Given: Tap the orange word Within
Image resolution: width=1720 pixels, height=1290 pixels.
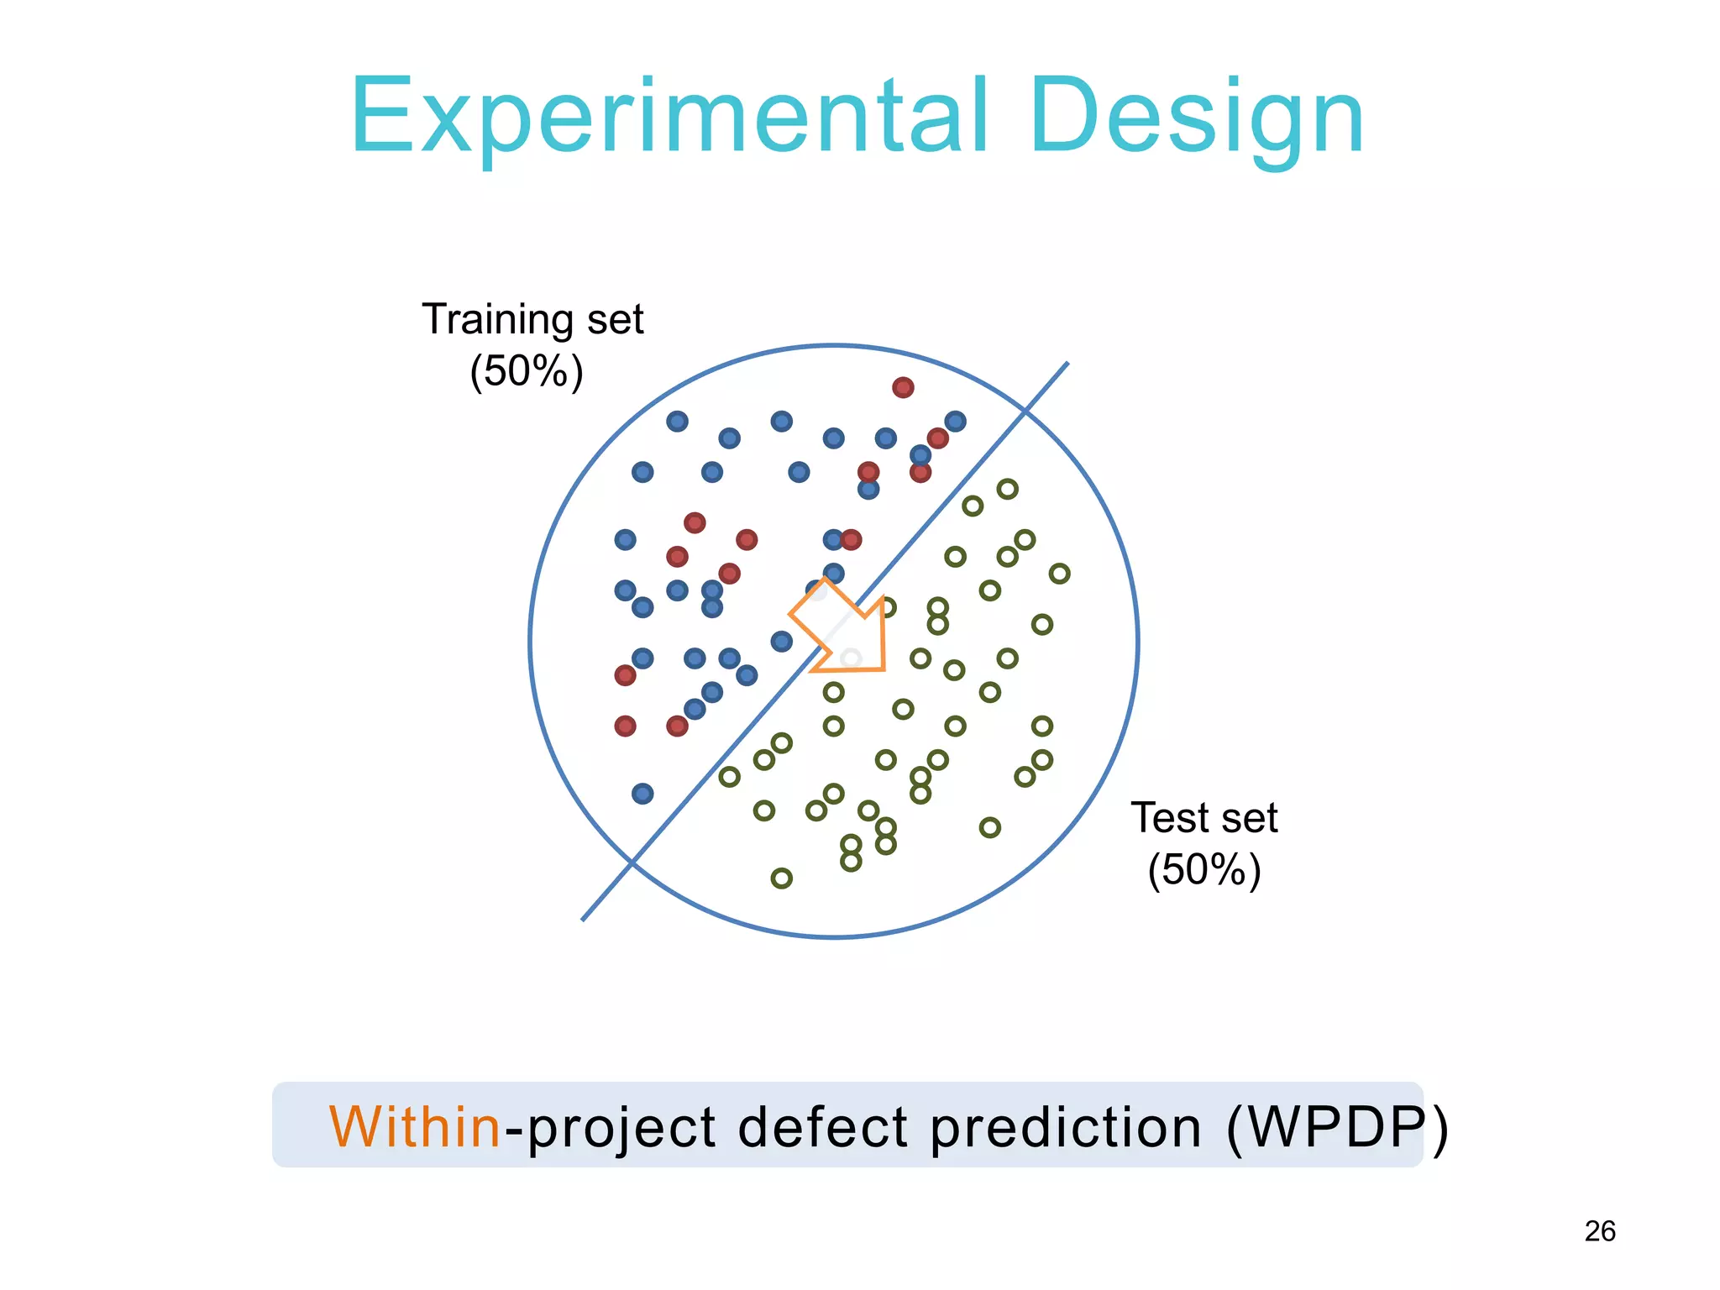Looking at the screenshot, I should click(x=415, y=1127).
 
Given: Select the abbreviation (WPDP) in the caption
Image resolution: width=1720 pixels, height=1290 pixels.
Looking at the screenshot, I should click(x=1337, y=1127).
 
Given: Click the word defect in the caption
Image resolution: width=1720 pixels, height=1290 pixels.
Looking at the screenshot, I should click(x=823, y=1127).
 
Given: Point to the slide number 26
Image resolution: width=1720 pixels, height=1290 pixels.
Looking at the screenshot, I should click(x=1600, y=1231).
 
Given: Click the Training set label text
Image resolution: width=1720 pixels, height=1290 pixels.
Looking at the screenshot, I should click(x=532, y=319).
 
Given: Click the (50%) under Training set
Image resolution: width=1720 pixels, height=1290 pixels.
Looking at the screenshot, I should click(x=527, y=371).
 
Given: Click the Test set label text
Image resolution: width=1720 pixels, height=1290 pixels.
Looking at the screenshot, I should click(x=1203, y=817).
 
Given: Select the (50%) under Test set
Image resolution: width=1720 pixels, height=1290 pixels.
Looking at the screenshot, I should click(x=1204, y=869).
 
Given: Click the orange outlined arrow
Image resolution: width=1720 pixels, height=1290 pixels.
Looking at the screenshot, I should click(x=844, y=628).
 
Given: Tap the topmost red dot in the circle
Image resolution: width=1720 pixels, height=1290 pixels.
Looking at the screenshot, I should click(x=903, y=387).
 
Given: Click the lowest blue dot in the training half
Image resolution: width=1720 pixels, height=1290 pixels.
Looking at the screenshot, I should click(x=642, y=794).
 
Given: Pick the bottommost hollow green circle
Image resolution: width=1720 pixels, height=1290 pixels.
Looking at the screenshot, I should click(x=781, y=878).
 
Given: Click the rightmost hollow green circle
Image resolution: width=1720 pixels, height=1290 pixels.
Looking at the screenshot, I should click(x=1060, y=574).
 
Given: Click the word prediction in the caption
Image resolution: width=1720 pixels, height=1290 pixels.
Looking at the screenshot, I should click(x=1065, y=1127).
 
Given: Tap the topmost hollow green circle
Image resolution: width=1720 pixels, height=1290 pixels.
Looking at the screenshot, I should click(x=1007, y=489).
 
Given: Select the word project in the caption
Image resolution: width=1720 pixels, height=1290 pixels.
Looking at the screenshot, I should click(x=621, y=1127).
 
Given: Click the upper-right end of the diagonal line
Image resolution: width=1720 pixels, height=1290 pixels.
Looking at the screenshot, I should click(x=1066, y=364).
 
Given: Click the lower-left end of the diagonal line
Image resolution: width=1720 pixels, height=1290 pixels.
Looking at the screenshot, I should click(x=584, y=919).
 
